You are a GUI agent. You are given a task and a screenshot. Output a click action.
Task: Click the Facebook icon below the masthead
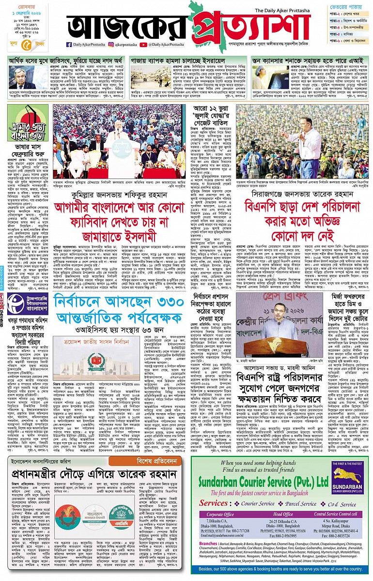tap(69, 45)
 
